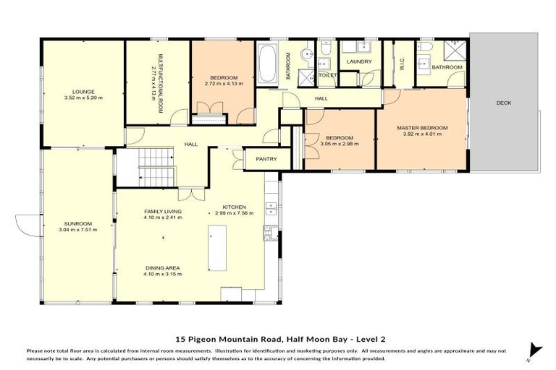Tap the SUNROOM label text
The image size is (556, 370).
78,224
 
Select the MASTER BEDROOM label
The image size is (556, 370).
422,128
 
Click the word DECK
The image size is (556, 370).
503,103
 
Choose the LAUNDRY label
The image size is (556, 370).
359,61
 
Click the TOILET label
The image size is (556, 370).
327,74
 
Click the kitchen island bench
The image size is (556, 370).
217,244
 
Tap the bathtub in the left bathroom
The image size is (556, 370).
267,64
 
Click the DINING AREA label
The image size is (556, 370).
162,267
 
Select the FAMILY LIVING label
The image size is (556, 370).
162,211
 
